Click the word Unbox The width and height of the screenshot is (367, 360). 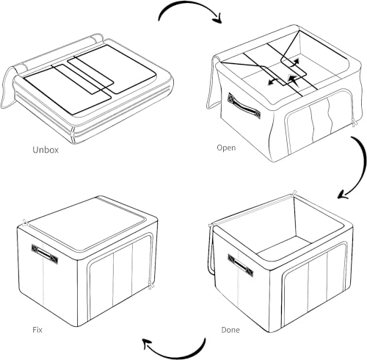(46, 150)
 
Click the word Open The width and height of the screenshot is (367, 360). (226, 148)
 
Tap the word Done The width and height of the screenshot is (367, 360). (230, 330)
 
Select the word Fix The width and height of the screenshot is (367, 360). (37, 330)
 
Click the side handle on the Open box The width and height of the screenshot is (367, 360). (244, 106)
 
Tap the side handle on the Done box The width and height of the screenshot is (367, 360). (241, 265)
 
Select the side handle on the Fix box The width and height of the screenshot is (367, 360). (45, 254)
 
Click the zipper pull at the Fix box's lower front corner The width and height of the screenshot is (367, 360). (150, 285)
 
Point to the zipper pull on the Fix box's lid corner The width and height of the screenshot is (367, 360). (25, 223)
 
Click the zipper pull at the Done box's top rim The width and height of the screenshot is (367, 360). (294, 192)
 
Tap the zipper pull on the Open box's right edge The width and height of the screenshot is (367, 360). (355, 124)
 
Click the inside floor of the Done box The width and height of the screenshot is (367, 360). (284, 247)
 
